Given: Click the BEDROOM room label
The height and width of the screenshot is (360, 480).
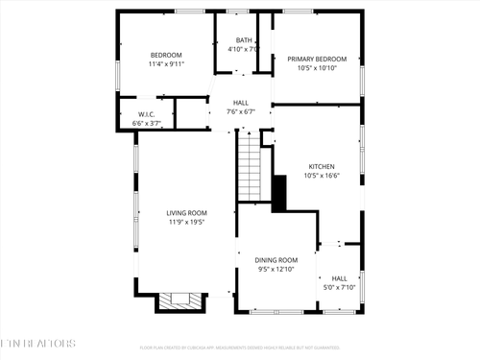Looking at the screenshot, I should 165,55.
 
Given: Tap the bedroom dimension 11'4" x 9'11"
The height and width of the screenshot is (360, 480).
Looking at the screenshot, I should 165,64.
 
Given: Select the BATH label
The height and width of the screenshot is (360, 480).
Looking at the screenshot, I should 245,40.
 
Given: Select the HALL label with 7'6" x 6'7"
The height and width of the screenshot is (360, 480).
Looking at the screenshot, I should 241,103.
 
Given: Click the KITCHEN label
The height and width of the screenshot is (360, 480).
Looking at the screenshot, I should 321,166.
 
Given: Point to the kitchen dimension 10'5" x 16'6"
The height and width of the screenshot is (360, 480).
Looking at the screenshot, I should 321,176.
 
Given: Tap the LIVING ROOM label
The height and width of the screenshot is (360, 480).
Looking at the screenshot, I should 186,213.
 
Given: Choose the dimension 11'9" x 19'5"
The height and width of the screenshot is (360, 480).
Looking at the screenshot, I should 186,223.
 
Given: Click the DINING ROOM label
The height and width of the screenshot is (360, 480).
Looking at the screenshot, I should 276,260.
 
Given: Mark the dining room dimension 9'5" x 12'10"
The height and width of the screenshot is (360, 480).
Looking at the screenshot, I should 276,270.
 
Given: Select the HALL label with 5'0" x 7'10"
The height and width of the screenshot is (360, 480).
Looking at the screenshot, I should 339,278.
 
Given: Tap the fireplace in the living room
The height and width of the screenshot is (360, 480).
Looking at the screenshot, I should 180,301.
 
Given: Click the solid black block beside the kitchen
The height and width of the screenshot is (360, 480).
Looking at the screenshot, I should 280,194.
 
